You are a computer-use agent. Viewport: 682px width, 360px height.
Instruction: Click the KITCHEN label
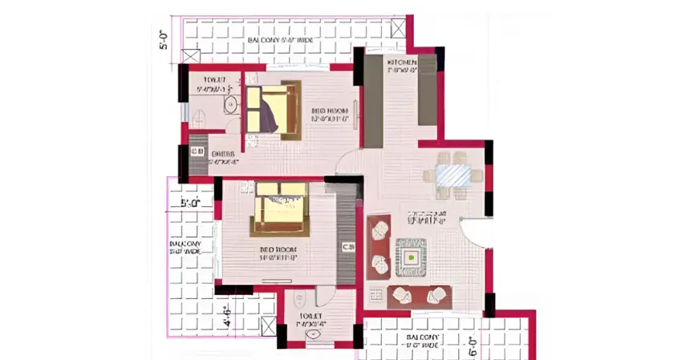(401, 63)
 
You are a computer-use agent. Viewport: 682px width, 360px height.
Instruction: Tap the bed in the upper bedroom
(272, 110)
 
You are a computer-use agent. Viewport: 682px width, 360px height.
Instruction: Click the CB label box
(348, 247)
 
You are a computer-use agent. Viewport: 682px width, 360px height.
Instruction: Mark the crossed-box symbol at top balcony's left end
(191, 58)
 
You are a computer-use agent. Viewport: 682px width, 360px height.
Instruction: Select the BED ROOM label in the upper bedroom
(328, 111)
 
